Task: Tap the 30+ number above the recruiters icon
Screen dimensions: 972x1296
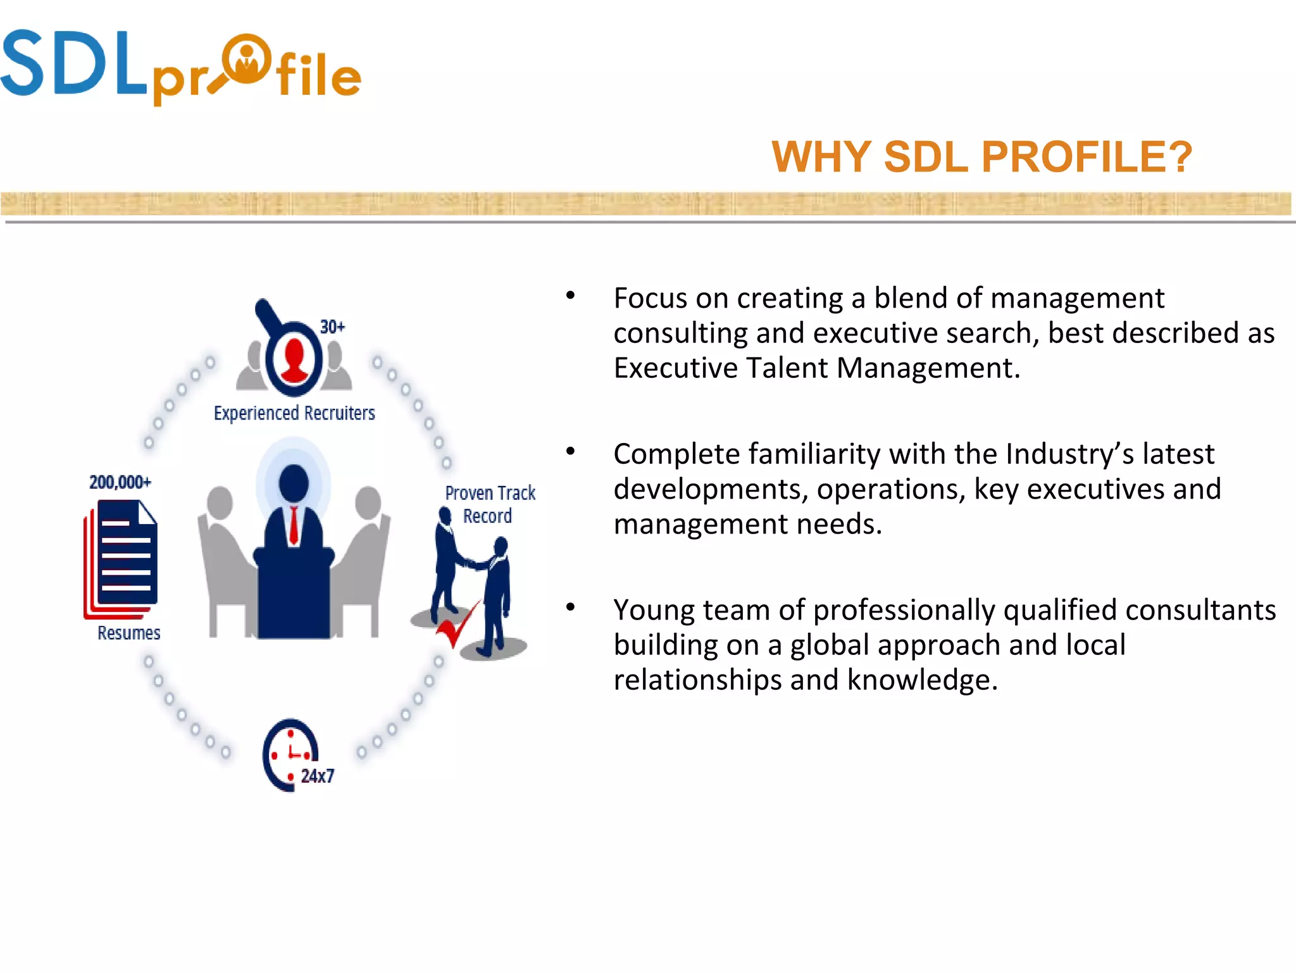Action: [332, 327]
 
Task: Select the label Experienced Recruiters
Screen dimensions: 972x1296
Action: [294, 413]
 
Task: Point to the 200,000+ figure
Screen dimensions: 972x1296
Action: [120, 482]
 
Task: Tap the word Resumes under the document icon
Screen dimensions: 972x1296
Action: [128, 633]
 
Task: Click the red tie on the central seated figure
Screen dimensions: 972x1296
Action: [294, 525]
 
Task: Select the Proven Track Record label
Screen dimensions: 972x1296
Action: [489, 504]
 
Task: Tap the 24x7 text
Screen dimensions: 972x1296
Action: [317, 776]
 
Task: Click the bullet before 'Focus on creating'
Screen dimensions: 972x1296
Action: [570, 296]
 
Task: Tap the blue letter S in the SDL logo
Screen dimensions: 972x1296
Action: [23, 63]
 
